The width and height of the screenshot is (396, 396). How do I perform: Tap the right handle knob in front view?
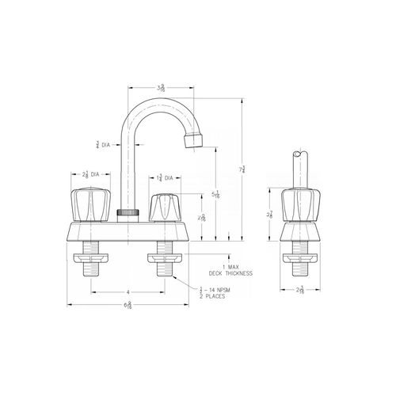point(165,208)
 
